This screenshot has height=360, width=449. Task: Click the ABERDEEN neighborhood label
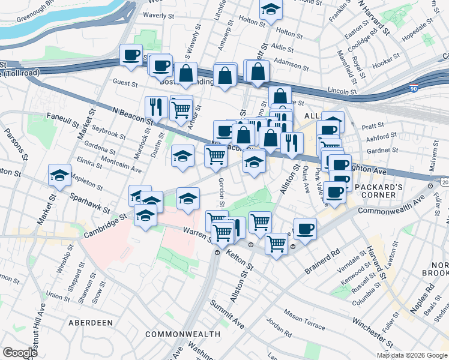(91, 322)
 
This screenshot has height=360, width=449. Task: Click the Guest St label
(125, 83)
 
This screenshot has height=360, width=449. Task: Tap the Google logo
(20, 353)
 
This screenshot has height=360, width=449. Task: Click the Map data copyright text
(412, 355)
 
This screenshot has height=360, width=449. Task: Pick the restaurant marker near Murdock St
(156, 107)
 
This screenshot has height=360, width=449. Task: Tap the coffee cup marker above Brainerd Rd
(305, 229)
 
